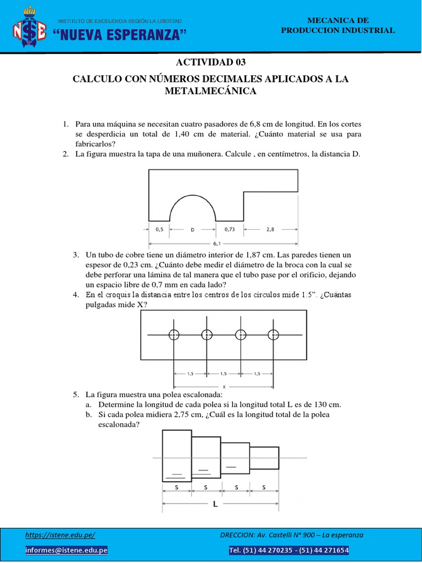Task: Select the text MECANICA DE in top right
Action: coord(337,20)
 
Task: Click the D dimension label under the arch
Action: coord(192,230)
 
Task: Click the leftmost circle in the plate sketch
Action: coord(174,335)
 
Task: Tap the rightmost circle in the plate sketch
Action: coord(273,335)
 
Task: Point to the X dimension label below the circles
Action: coord(224,387)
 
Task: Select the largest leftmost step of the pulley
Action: coord(176,455)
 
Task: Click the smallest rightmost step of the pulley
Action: coord(264,457)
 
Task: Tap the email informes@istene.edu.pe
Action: coord(66,550)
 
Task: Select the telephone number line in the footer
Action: coord(288,550)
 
